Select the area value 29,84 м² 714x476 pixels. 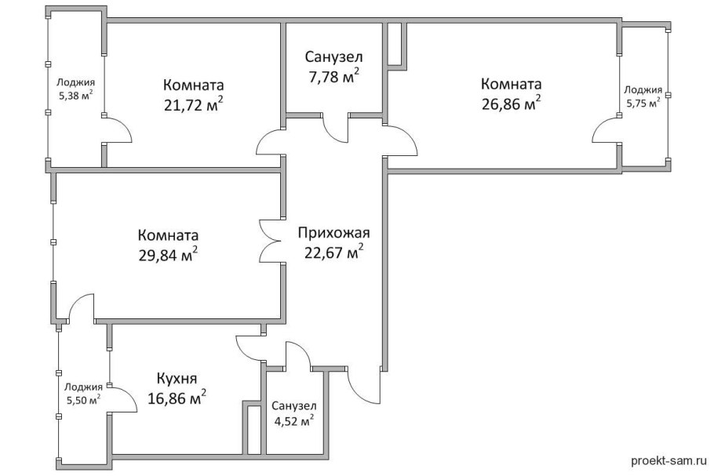pyautogui.click(x=168, y=254)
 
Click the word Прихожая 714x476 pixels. pyautogui.click(x=333, y=232)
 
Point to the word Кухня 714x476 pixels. pyautogui.click(x=177, y=377)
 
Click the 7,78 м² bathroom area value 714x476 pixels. pyautogui.click(x=333, y=76)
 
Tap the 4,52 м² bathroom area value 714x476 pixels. pyautogui.click(x=293, y=420)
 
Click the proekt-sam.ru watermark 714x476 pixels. pyautogui.click(x=668, y=463)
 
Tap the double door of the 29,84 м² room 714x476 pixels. pyautogui.click(x=270, y=238)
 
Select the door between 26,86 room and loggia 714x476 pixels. pyautogui.click(x=605, y=131)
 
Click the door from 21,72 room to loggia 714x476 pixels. pyautogui.click(x=118, y=130)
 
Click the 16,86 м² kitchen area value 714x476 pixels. pyautogui.click(x=177, y=398)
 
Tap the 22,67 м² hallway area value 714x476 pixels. pyautogui.click(x=333, y=252)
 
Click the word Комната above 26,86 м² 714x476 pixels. pyautogui.click(x=512, y=84)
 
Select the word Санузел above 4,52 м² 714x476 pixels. pyautogui.click(x=294, y=405)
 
